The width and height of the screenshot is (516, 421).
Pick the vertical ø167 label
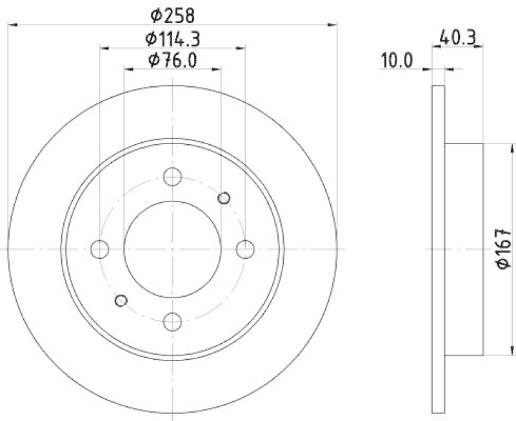click(504, 248)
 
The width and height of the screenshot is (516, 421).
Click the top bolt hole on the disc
click(172, 176)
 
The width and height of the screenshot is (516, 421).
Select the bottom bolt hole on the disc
click(172, 320)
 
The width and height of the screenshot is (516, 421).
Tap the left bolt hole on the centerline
click(100, 248)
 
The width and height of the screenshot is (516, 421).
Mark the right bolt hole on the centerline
click(244, 248)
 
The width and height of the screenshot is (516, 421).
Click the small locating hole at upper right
click(224, 198)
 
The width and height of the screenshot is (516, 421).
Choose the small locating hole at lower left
click(121, 299)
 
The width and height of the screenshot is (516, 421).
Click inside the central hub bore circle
click(172, 248)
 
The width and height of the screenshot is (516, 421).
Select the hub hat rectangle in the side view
click(464, 248)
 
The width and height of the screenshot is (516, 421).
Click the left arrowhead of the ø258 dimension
click(11, 25)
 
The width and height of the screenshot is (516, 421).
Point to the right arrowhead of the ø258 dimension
click(333, 25)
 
